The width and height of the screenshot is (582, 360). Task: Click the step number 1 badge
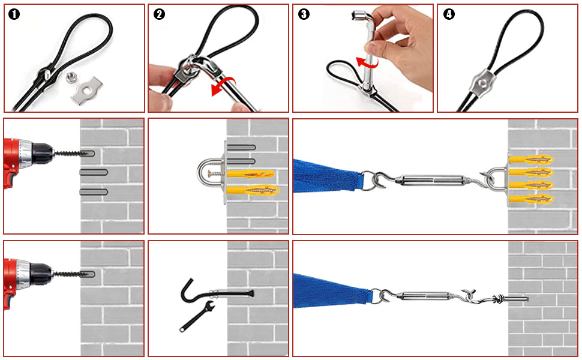click(14, 15)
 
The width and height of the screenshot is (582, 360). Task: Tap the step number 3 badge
click(304, 15)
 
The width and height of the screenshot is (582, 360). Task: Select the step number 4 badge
click(448, 15)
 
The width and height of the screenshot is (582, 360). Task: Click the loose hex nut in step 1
click(70, 78)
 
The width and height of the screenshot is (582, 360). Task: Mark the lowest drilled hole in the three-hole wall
click(94, 192)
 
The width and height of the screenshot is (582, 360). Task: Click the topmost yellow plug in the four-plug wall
click(530, 160)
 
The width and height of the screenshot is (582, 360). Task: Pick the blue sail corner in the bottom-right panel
click(336, 290)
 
